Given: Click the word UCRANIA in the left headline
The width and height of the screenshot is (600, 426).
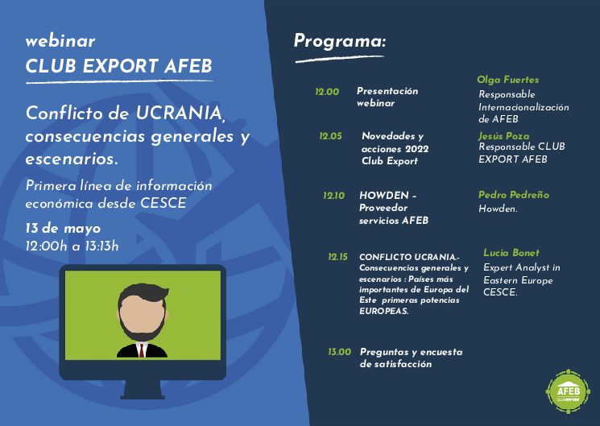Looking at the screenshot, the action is [x=179, y=113].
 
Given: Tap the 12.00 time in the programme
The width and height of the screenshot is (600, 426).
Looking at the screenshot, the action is [x=327, y=92].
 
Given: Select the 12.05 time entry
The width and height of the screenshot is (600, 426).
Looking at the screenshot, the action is [x=331, y=136].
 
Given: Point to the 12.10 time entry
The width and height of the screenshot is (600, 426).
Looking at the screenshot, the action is [x=333, y=196].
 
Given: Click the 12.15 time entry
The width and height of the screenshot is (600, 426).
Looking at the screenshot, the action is [x=338, y=257].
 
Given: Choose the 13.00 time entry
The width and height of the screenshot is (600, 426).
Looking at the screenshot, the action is [x=339, y=352].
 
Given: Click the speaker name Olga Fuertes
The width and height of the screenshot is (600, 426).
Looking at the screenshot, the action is [x=507, y=80].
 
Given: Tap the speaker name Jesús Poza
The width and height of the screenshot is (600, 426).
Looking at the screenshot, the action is [x=503, y=136].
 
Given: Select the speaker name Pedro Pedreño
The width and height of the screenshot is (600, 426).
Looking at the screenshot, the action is [x=514, y=195].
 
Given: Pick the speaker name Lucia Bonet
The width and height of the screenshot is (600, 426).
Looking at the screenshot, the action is [x=511, y=253].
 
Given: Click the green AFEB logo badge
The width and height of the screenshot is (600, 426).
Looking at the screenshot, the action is [x=569, y=391].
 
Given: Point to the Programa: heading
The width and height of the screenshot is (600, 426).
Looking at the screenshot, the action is [x=340, y=41].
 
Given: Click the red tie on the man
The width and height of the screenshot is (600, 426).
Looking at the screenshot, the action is [x=142, y=350].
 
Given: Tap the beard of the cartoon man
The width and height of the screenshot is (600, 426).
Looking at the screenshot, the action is [x=142, y=329].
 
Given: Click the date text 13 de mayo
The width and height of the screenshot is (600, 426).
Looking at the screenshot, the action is [x=63, y=229].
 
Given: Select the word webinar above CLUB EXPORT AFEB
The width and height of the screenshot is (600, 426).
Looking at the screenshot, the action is [x=60, y=41].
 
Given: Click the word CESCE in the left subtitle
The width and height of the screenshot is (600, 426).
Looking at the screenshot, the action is [x=163, y=203].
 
